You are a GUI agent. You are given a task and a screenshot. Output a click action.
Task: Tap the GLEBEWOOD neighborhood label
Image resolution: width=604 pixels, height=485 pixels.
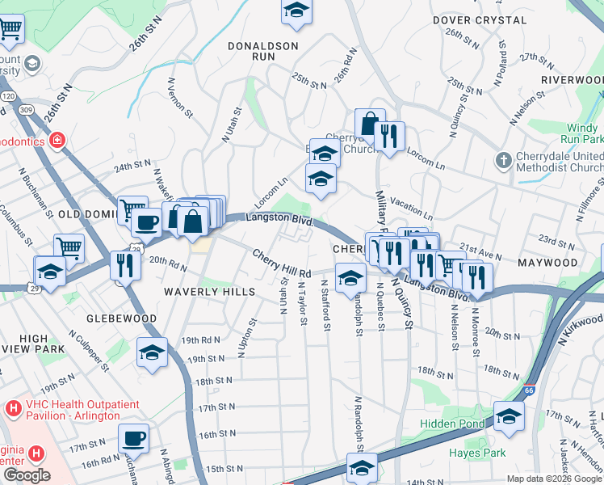click(x=123, y=318)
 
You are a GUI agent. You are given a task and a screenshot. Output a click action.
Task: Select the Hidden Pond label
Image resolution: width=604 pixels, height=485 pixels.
click(x=451, y=424)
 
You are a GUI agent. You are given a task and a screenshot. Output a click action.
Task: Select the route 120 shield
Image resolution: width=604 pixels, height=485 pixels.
click(x=7, y=96)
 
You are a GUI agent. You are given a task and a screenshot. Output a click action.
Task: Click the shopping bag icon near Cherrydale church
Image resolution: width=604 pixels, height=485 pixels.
click(x=370, y=124)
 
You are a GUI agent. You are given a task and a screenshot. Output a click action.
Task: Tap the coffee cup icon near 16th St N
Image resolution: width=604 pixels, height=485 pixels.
click(x=133, y=439)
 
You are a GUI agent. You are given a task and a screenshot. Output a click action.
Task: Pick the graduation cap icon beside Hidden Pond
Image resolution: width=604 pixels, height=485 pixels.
click(x=508, y=417)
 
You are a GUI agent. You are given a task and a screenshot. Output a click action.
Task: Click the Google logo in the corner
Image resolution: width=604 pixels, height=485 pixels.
click(x=26, y=475)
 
